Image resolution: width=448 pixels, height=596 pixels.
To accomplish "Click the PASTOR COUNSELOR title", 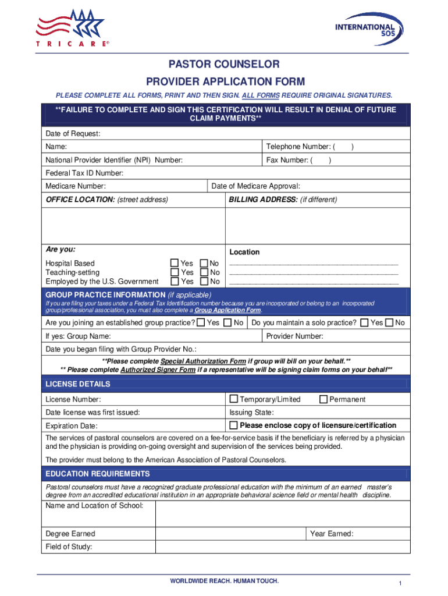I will [224, 64].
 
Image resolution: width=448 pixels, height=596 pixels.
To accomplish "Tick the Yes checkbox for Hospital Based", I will [175, 264].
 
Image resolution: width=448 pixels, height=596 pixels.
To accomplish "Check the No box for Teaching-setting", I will [204, 272].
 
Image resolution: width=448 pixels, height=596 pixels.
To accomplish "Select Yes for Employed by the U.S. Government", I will [175, 282].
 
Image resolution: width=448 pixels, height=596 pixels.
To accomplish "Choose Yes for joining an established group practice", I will [201, 322].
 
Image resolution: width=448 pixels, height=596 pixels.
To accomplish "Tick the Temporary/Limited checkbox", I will [234, 399].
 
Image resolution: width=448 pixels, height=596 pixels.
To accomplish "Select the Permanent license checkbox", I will [323, 399].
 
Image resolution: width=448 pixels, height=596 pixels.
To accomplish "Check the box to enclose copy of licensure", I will [234, 425].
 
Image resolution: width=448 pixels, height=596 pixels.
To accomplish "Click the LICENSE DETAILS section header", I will [78, 384].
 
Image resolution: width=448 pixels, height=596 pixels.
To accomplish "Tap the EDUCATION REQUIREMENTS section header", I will [98, 474].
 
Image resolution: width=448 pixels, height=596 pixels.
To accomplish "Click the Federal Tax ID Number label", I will [84, 173].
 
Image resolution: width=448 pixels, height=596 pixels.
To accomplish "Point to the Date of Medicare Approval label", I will [255, 186].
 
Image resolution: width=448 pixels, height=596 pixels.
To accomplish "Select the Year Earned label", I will [332, 534].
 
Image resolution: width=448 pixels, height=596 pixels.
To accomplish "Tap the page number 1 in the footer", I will [401, 584].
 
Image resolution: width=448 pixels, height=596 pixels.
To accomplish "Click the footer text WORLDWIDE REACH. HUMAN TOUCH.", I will [224, 581].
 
